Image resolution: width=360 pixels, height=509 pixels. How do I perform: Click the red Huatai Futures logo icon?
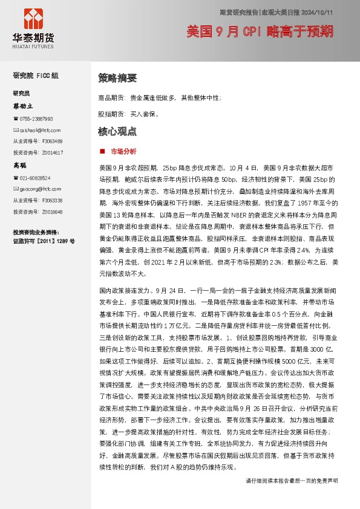click(33, 18)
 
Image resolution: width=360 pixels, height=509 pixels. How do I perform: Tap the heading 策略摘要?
click(117, 78)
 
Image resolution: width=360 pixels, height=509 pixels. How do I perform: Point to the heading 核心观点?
click(117, 131)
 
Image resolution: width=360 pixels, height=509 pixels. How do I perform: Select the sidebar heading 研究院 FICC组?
click(36, 76)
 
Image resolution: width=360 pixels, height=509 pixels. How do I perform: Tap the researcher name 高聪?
click(20, 165)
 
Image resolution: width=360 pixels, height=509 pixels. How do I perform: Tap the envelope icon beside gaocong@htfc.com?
click(16, 189)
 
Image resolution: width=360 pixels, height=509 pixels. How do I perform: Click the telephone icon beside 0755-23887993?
click(16, 118)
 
